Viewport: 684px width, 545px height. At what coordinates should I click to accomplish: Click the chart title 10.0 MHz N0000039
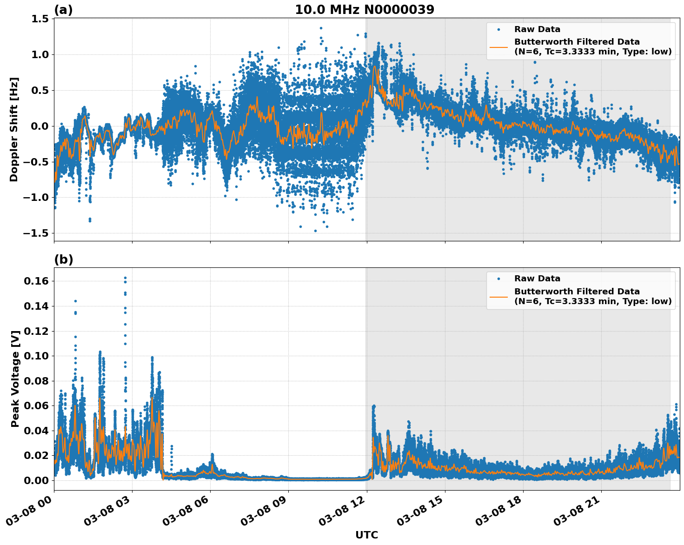point(365,10)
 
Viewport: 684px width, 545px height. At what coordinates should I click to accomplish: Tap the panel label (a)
point(63,10)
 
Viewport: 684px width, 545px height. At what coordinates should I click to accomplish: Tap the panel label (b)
point(63,259)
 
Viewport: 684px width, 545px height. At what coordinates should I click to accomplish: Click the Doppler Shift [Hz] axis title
point(14,129)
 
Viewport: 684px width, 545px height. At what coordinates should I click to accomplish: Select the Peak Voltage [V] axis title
point(15,379)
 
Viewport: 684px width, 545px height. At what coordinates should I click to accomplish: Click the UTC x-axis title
point(366,535)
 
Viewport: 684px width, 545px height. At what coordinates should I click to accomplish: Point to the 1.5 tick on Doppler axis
point(40,19)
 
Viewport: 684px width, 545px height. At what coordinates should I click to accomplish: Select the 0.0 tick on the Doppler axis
point(40,126)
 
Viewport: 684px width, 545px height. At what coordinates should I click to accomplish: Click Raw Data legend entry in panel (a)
point(537,29)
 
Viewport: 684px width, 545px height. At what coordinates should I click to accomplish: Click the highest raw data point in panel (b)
point(125,278)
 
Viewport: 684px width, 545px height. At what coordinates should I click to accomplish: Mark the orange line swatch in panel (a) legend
point(498,47)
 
